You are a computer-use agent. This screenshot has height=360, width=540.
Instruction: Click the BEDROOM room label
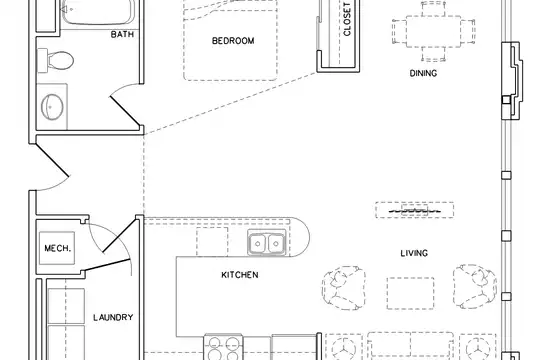tap(233, 41)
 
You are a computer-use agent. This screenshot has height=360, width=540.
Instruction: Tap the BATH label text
tap(122, 34)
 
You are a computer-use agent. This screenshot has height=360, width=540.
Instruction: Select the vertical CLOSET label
tap(347, 19)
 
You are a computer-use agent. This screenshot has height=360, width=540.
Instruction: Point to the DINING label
tap(423, 73)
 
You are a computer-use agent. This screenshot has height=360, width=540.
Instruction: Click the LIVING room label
tap(414, 253)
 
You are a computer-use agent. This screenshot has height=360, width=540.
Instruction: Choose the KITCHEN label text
tap(240, 275)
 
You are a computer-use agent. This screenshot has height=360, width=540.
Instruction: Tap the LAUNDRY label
tap(113, 317)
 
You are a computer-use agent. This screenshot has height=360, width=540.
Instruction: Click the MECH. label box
tap(57, 248)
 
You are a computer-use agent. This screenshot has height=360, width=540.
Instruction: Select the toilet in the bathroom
tap(56, 61)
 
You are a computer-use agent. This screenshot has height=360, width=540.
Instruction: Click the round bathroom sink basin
tap(52, 107)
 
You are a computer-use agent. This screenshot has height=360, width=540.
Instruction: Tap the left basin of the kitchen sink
tap(258, 244)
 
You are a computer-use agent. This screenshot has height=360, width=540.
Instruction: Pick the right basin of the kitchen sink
tap(276, 244)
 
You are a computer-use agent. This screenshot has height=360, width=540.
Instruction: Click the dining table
tap(434, 31)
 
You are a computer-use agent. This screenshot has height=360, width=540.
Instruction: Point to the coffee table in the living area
tap(410, 293)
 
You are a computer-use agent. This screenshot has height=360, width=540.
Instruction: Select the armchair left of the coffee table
tap(343, 288)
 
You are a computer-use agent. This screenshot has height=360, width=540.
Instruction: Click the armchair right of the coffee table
tap(475, 286)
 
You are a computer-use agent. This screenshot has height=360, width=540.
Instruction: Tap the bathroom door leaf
tap(125, 111)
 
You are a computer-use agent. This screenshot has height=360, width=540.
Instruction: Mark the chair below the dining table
tap(434, 54)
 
